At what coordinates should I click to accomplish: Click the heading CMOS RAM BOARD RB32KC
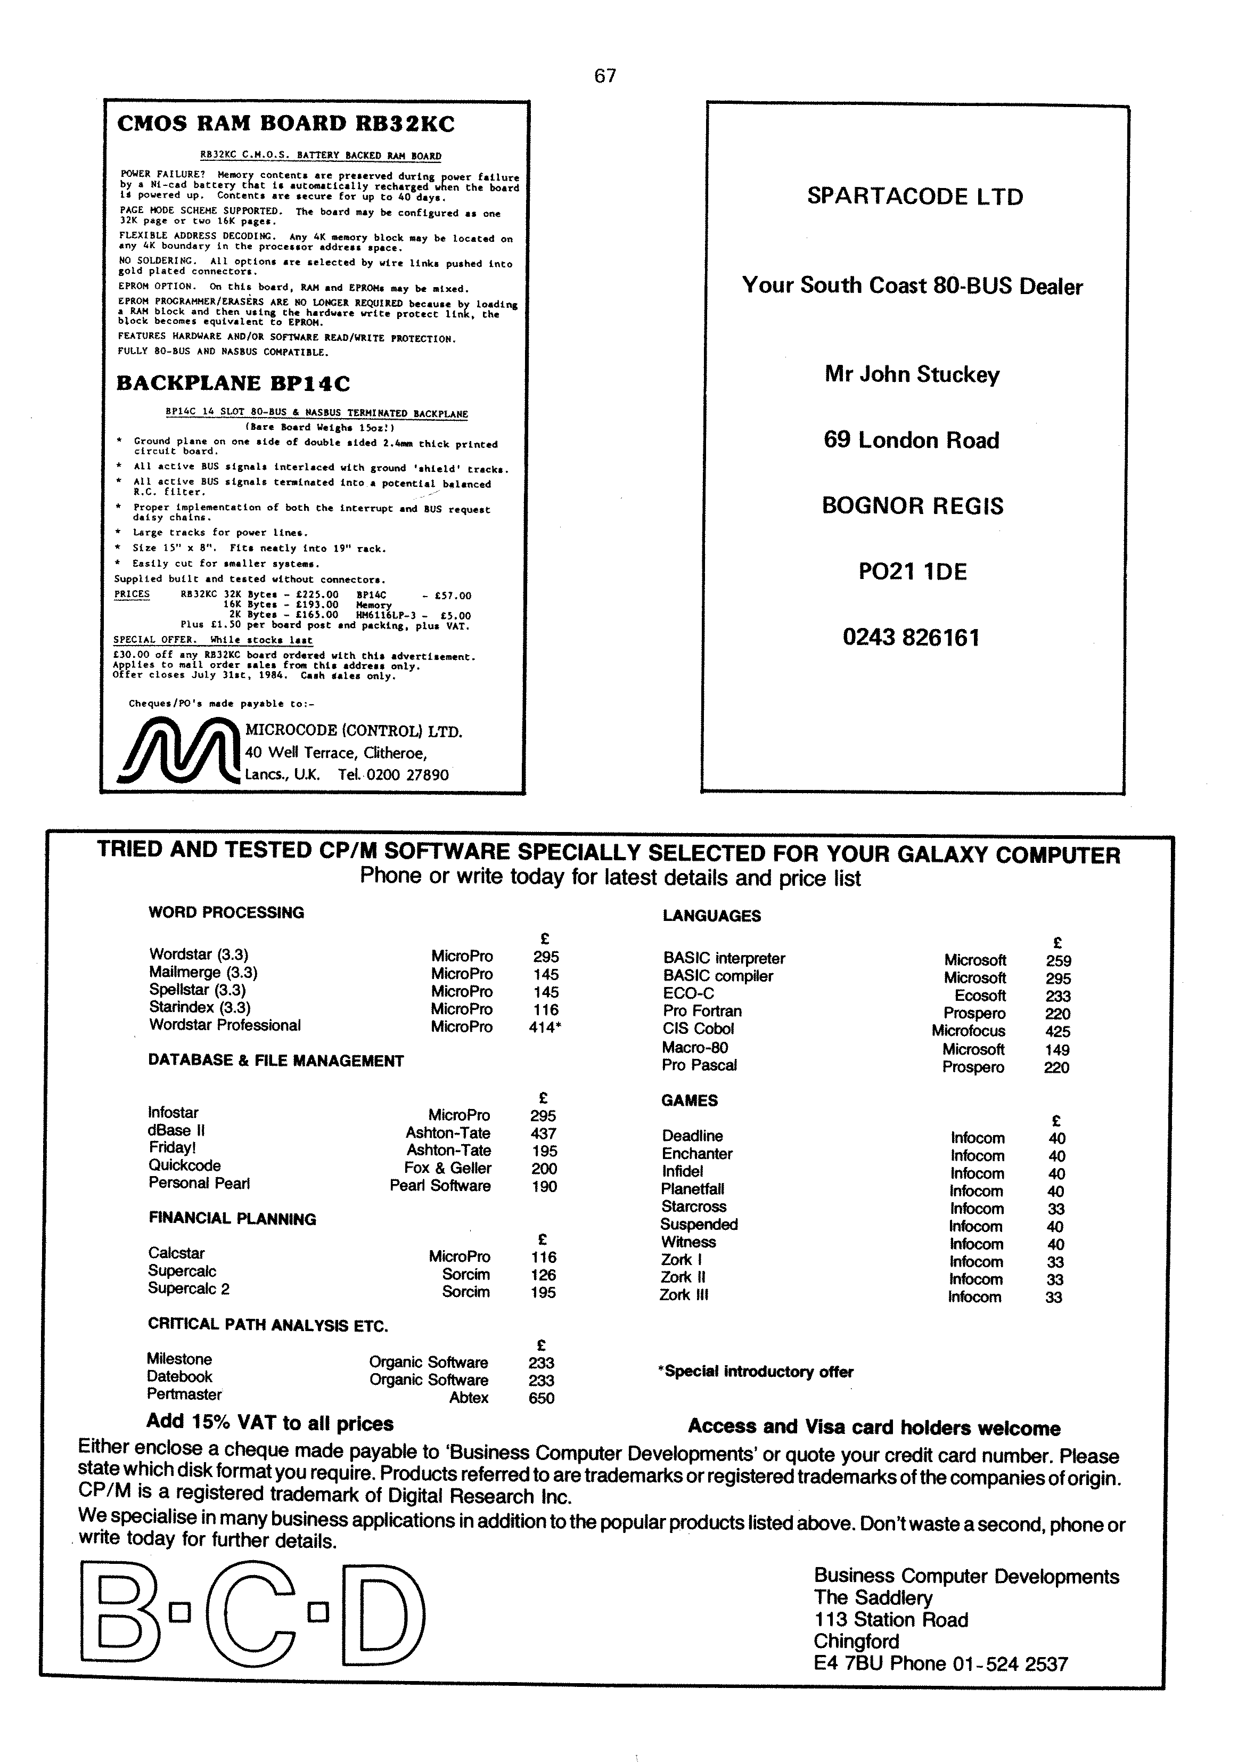(x=285, y=124)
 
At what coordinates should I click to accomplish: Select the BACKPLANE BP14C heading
(x=233, y=383)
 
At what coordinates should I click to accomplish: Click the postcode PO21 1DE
(x=912, y=572)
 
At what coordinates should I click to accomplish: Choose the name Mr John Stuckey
(x=912, y=374)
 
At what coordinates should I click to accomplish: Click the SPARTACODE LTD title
(x=915, y=197)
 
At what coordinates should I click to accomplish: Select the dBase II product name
(x=176, y=1130)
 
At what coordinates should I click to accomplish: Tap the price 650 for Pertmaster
(x=541, y=1398)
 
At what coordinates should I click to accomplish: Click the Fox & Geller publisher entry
(x=447, y=1168)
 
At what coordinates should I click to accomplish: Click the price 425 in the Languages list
(x=1058, y=1031)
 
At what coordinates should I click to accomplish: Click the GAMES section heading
(x=689, y=1100)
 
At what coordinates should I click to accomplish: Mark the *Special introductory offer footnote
(x=756, y=1372)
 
